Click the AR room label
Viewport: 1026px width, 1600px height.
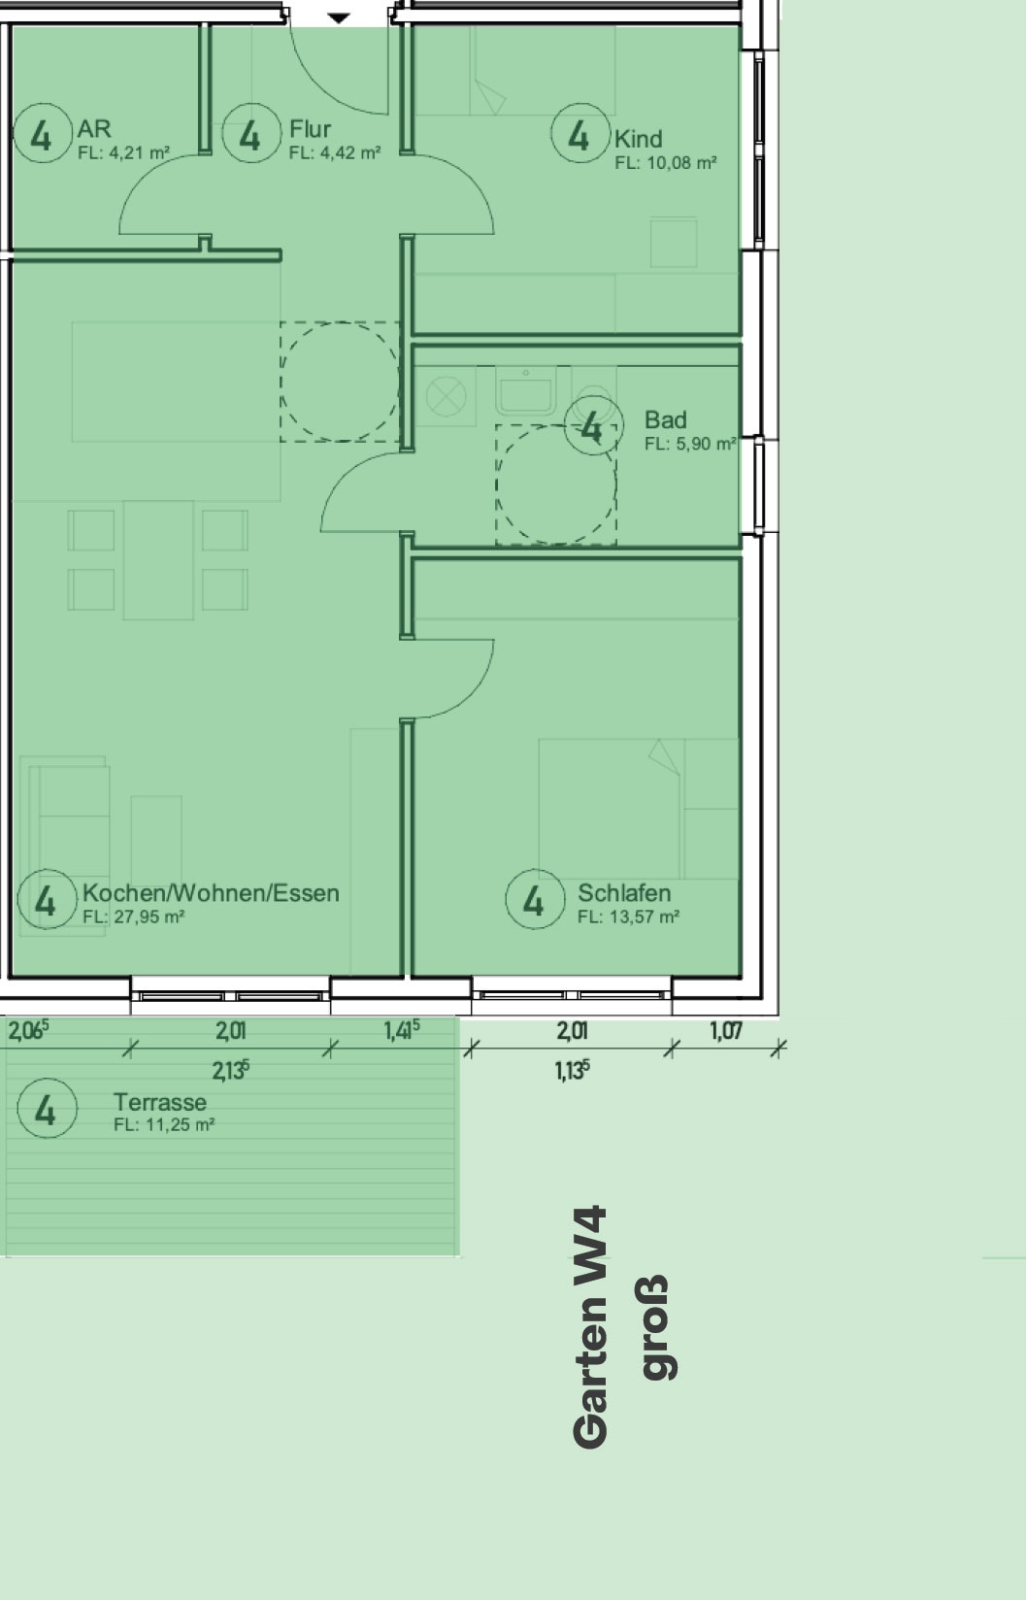(94, 129)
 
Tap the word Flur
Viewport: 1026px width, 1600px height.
(310, 129)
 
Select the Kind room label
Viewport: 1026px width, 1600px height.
(639, 139)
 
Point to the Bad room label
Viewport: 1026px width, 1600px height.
(666, 420)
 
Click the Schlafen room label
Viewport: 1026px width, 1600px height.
(624, 893)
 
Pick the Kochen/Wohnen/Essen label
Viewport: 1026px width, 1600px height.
(211, 893)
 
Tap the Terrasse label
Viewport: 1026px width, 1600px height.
(160, 1102)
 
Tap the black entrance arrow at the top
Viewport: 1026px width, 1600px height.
(339, 17)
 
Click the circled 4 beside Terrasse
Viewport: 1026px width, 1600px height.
(48, 1108)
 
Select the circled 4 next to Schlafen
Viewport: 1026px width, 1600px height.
(536, 899)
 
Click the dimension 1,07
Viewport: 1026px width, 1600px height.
(725, 1031)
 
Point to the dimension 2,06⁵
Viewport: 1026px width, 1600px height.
(28, 1031)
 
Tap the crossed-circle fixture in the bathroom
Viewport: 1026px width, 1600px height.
(446, 397)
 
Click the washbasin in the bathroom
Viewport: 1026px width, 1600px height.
(526, 391)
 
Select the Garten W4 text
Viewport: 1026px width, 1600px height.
(590, 1328)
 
